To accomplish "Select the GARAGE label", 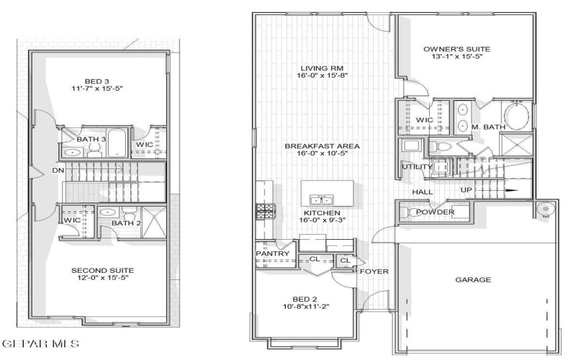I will (473, 279).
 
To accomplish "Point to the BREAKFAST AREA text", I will (322, 146).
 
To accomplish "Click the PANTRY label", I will (273, 254).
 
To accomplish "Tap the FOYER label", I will (374, 271).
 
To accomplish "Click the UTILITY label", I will (417, 167).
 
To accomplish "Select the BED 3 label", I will (98, 80).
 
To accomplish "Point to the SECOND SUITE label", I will (102, 271).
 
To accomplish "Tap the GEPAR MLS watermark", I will (42, 343).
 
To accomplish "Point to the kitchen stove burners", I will (261, 213).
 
